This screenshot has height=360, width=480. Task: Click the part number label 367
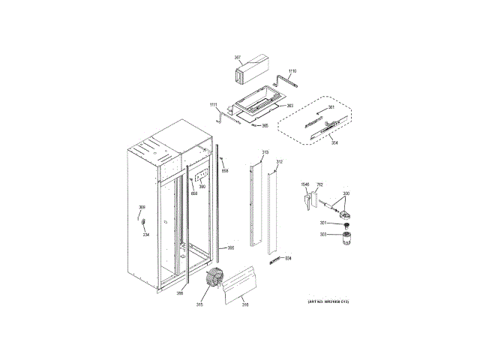(238, 58)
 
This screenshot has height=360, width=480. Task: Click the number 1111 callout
(214, 104)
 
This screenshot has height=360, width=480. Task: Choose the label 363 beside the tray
(289, 106)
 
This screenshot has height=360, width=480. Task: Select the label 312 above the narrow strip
(279, 162)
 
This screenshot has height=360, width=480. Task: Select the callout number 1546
(305, 184)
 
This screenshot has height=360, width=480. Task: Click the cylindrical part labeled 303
(347, 238)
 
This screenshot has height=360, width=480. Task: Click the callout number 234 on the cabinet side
(146, 235)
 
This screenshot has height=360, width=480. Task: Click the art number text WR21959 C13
(328, 301)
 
